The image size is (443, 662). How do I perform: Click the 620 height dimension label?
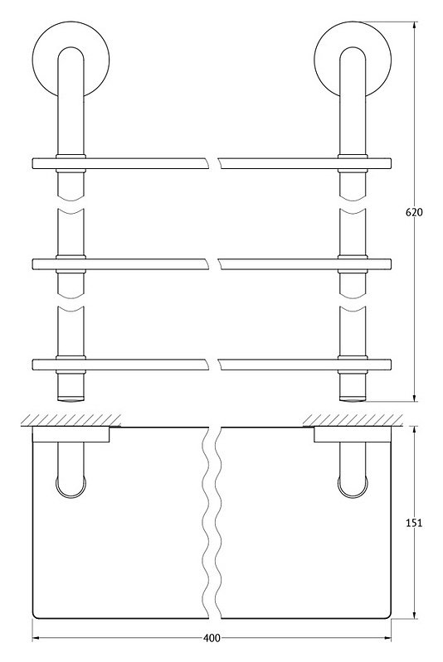point(414,213)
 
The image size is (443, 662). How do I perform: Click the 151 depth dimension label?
point(414,523)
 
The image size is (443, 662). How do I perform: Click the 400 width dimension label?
point(212,638)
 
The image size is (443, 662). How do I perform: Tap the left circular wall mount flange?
point(71,59)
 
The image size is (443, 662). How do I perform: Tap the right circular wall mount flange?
point(353,59)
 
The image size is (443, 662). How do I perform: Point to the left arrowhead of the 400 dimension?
point(37,638)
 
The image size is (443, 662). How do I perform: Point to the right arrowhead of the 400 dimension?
point(387,638)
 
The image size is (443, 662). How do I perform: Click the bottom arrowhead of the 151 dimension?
point(414,614)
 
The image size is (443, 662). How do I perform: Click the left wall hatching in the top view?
point(71,420)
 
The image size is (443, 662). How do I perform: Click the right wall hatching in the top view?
point(353,420)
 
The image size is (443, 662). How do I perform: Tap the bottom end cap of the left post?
point(71,398)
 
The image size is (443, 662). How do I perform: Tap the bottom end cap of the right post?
point(353,398)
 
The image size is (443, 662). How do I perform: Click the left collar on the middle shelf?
point(71,264)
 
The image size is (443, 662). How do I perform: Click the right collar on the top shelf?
point(353,163)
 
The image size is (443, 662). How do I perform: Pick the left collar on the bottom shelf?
point(71,365)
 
